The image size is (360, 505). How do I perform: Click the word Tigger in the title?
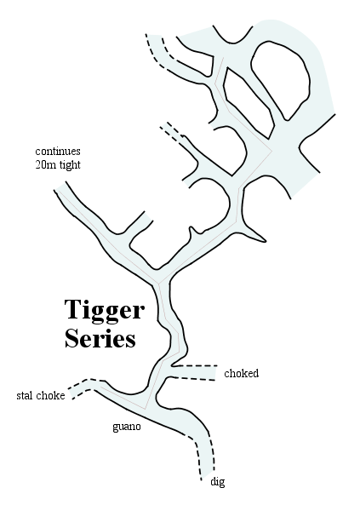[105, 311]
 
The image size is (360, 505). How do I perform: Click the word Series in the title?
[100, 338]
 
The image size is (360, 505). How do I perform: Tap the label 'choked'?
[242, 373]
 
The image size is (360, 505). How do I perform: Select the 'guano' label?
[127, 427]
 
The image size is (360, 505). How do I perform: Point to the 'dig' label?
[218, 482]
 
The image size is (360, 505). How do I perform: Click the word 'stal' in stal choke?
[24, 395]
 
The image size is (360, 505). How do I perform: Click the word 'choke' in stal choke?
[50, 395]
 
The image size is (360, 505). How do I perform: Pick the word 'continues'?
[58, 151]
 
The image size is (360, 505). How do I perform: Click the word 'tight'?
[70, 165]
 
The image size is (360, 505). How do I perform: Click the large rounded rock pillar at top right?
[281, 79]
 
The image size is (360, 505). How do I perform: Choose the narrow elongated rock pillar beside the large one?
[247, 100]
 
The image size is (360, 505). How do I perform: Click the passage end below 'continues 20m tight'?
[60, 187]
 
